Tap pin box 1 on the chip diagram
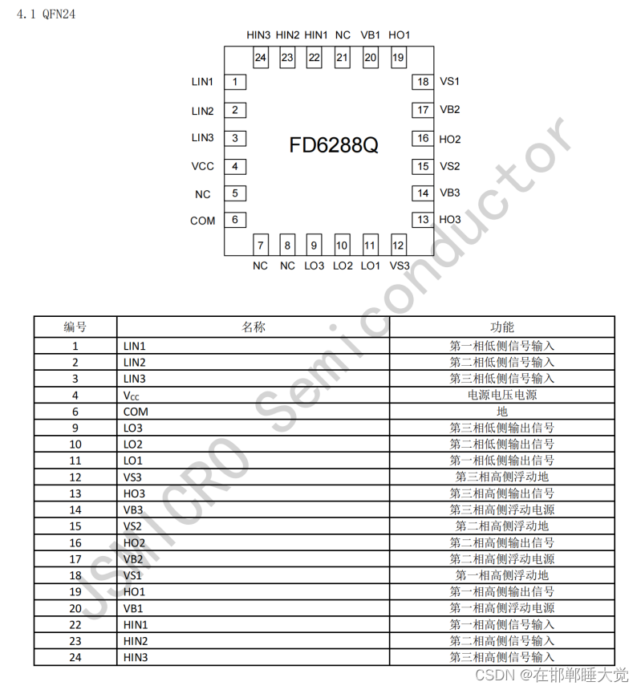pos(235,82)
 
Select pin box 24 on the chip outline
pos(261,58)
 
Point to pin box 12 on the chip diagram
pos(398,245)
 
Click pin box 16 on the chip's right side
pos(423,139)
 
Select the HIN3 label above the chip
pos(259,35)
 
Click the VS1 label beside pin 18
pos(449,82)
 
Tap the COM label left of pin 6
pos(202,221)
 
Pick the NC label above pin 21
pos(343,35)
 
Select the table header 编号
pos(75,327)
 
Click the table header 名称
pos(254,327)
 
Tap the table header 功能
pos(502,327)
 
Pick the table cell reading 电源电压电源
pos(502,395)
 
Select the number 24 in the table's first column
pos(75,657)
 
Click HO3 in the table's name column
pos(135,493)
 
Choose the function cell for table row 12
pos(502,477)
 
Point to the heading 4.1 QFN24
pos(47,14)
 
